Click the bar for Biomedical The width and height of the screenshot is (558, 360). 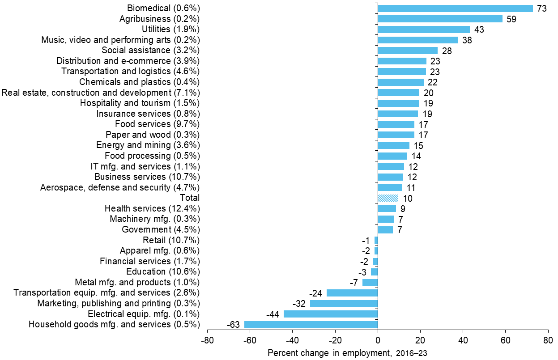tap(455, 8)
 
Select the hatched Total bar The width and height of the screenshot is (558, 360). tap(388, 198)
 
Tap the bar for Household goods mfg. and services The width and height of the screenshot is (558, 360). tap(311, 325)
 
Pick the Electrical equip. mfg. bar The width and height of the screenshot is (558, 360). tap(331, 314)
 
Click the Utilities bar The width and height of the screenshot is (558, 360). tap(424, 30)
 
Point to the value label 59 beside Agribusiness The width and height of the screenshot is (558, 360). tap(512, 19)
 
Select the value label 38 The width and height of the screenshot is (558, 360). tap(467, 40)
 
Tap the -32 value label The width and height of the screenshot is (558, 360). tap(299, 304)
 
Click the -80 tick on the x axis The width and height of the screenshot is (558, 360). tap(207, 340)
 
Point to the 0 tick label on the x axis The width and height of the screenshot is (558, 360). tap(378, 340)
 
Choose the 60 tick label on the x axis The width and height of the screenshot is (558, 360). tap(506, 340)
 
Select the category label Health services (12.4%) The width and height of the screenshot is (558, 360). tap(152, 208)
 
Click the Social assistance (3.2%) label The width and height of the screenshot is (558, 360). tap(150, 50)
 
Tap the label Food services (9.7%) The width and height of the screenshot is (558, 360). tap(157, 124)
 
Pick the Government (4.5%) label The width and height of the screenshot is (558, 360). tap(161, 229)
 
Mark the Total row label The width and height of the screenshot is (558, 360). tap(189, 198)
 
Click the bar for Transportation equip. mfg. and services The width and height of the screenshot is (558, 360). tap(352, 293)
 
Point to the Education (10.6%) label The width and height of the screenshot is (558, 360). tap(163, 272)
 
